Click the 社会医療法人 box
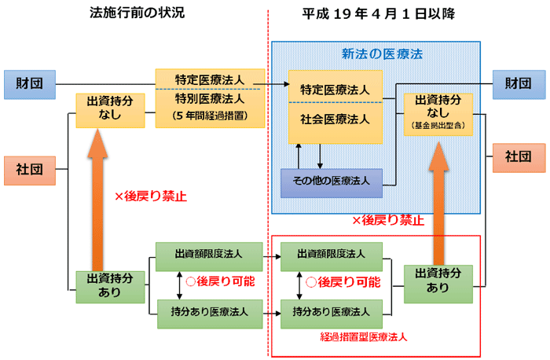point(335,119)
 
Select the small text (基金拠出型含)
point(438,125)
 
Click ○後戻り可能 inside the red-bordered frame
point(343,281)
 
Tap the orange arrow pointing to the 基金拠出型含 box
point(438,197)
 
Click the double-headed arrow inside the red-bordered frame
point(299,282)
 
